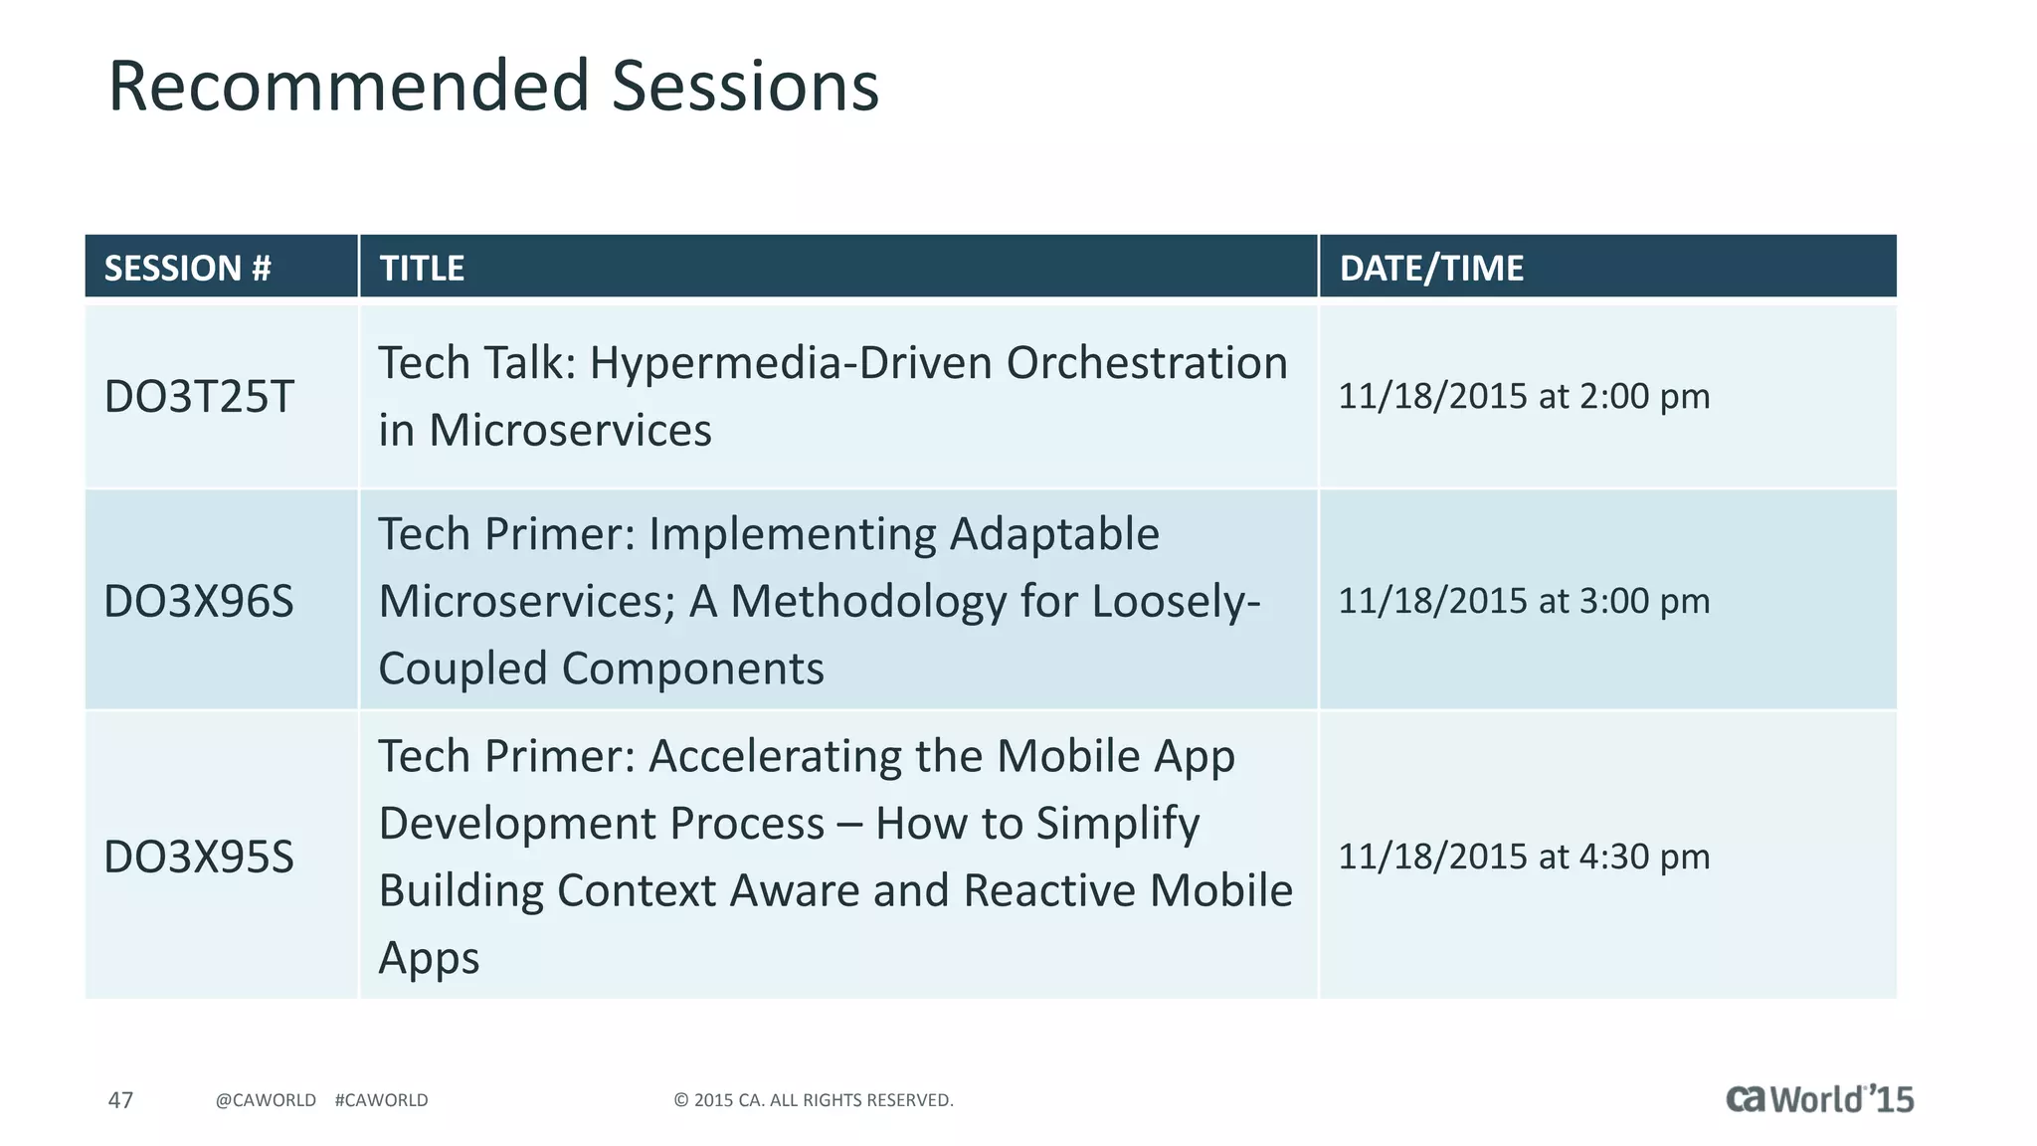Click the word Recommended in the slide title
pyautogui.click(x=349, y=86)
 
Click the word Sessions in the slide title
pyautogui.click(x=745, y=86)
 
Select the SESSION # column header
pyautogui.click(x=187, y=268)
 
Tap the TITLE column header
pyautogui.click(x=422, y=268)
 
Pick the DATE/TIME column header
pyautogui.click(x=1430, y=268)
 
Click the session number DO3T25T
pyautogui.click(x=199, y=397)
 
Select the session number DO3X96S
pyautogui.click(x=199, y=602)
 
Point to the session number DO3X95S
pyautogui.click(x=199, y=857)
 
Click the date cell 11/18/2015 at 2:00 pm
pyautogui.click(x=1523, y=396)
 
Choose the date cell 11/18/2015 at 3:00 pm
pyautogui.click(x=1523, y=601)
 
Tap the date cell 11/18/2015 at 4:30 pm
pyautogui.click(x=1523, y=857)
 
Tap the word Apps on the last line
pyautogui.click(x=429, y=958)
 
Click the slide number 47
pyautogui.click(x=120, y=1100)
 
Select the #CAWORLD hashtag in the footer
pyautogui.click(x=381, y=1100)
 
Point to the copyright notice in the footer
pyautogui.click(x=813, y=1100)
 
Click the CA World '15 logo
pyautogui.click(x=1818, y=1098)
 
